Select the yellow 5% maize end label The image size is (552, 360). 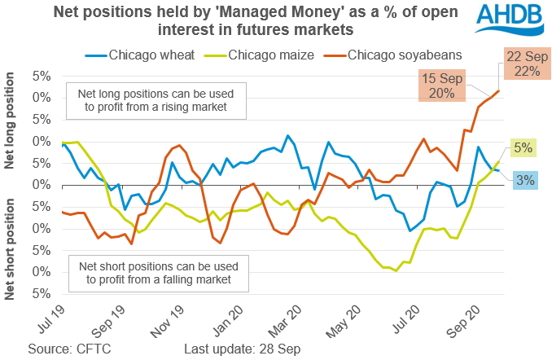[523, 149]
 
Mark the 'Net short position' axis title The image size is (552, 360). [11, 245]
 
